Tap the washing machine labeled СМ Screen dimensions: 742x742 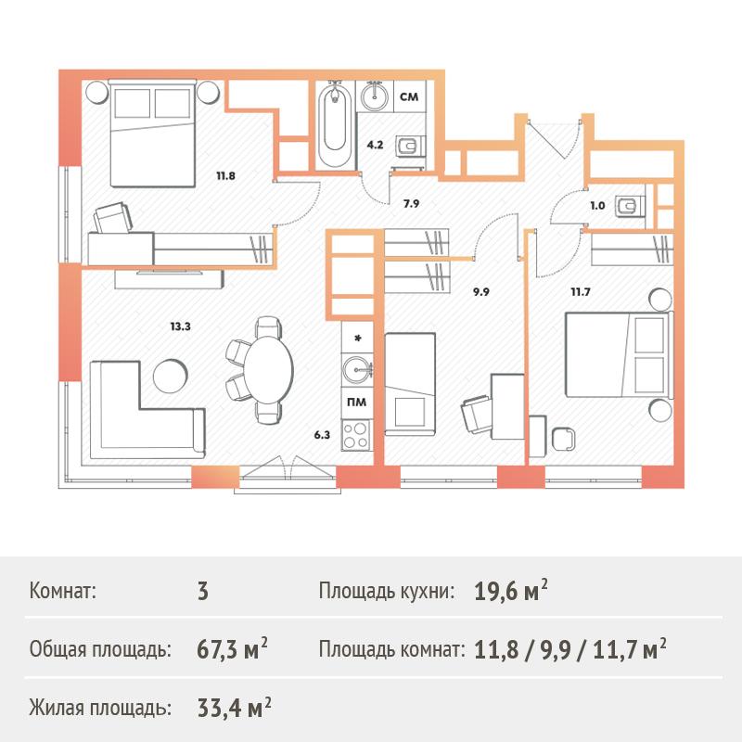pos(409,96)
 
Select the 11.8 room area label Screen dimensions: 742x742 pos(225,176)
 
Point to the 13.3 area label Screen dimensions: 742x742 pos(180,326)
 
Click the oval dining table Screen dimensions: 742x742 pos(268,369)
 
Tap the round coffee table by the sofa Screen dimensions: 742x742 pos(171,375)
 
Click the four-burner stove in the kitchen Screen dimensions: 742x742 pos(356,435)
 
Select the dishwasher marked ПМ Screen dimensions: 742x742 pos(356,403)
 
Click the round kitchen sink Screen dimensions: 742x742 pos(357,369)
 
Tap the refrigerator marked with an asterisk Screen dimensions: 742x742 pos(357,338)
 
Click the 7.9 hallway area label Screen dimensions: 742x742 pos(411,204)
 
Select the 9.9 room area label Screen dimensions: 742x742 pos(480,292)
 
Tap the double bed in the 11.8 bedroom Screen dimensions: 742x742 pos(152,133)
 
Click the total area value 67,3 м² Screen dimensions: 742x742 pos(232,649)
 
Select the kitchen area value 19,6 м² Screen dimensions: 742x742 pos(511,591)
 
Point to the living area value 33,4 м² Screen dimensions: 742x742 pos(235,708)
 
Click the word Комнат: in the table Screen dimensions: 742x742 pos(62,591)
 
